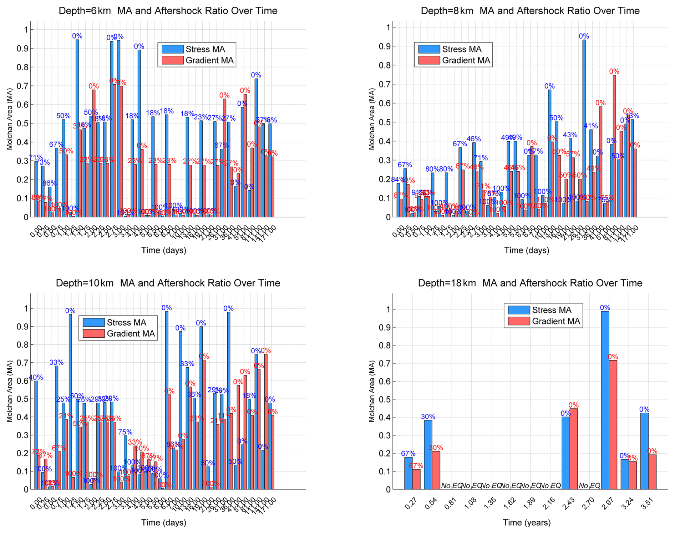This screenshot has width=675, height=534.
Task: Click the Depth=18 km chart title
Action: [x=530, y=283]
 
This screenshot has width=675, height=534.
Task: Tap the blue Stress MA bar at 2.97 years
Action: [x=605, y=400]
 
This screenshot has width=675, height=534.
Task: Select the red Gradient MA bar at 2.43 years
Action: [x=573, y=449]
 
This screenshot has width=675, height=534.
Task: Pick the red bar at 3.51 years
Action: [x=652, y=472]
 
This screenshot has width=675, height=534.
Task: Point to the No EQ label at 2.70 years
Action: [x=589, y=485]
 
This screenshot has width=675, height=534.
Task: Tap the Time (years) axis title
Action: [x=527, y=523]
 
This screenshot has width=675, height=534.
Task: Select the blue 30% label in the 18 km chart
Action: [x=428, y=417]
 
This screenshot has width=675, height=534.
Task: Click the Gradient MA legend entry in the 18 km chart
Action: [x=556, y=321]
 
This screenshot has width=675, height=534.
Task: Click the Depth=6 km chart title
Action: [x=168, y=11]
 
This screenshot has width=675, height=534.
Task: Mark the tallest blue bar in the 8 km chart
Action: [x=584, y=129]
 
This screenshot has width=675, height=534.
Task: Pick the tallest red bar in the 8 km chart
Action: [x=614, y=146]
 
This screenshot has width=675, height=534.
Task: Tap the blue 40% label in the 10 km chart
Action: [x=36, y=377]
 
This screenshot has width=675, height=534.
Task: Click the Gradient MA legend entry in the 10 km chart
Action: [x=131, y=333]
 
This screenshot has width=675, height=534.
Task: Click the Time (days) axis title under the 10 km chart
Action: [x=164, y=523]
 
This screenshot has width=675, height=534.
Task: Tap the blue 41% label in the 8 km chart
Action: [x=590, y=126]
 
